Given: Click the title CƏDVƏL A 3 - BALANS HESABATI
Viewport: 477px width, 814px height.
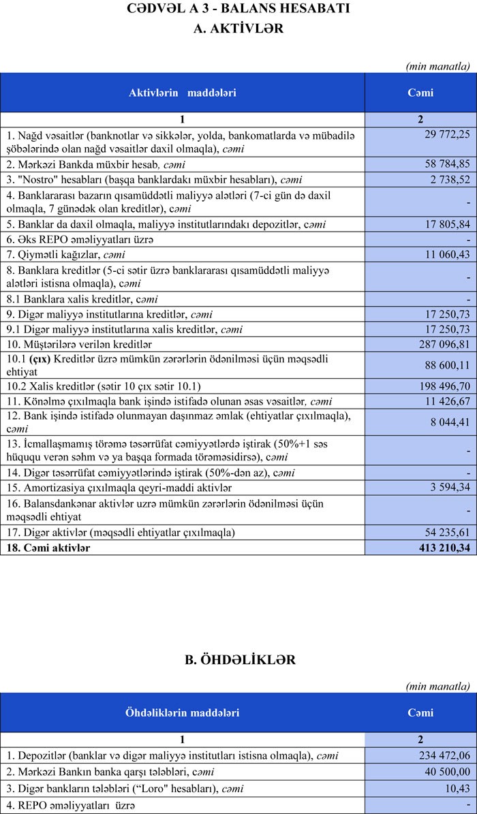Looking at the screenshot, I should tap(238, 9).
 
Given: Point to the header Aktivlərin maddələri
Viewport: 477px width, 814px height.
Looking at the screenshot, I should tap(183, 93).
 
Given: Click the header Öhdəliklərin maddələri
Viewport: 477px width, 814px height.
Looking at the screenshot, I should tap(182, 713).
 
